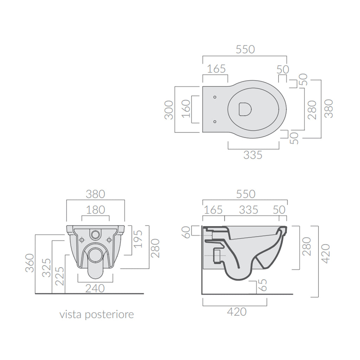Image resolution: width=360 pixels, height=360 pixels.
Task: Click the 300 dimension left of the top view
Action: (x=169, y=110)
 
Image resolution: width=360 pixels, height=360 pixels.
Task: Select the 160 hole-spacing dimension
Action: (x=186, y=109)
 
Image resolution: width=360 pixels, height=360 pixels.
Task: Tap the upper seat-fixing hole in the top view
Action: (x=215, y=97)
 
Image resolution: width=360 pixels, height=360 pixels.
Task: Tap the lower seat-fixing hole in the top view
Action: (x=215, y=121)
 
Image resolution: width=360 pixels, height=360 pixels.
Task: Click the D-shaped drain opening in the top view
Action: (x=245, y=109)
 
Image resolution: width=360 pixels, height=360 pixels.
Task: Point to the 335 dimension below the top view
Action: (x=253, y=155)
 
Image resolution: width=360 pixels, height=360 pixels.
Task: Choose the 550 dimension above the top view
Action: (x=245, y=50)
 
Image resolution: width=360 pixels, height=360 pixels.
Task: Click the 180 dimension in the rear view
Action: (x=95, y=210)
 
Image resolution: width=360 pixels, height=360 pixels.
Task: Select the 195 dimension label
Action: (x=138, y=239)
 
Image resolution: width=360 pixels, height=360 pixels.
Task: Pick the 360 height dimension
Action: (x=30, y=263)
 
